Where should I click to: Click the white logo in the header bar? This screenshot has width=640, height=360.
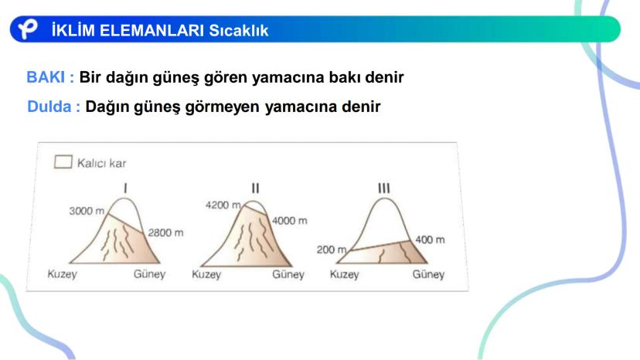click(x=28, y=29)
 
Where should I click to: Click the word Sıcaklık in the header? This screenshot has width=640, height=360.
click(x=239, y=30)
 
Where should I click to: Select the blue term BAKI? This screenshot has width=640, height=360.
click(x=46, y=77)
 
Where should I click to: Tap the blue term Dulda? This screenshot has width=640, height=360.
click(x=49, y=107)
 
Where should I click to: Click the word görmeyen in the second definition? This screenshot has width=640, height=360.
click(x=222, y=107)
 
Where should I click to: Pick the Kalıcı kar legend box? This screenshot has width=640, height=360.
click(x=63, y=161)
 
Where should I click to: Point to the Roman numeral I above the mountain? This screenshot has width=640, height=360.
click(x=125, y=188)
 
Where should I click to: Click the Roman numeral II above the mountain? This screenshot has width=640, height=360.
click(x=256, y=188)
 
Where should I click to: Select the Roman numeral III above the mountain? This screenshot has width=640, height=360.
click(x=384, y=188)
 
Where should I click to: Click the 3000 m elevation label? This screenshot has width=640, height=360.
click(x=87, y=211)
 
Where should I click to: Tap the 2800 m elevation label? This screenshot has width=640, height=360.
click(x=165, y=233)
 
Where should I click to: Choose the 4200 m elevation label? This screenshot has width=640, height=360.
click(x=223, y=205)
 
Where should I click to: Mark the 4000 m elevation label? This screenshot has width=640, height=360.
click(x=290, y=221)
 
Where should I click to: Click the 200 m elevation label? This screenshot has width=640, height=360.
click(x=332, y=250)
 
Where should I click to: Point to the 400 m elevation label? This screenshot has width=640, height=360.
click(x=430, y=239)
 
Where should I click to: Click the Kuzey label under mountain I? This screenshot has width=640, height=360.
click(x=62, y=274)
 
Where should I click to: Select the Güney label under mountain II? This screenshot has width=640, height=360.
click(x=288, y=274)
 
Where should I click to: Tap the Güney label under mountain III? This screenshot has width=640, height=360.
click(x=428, y=274)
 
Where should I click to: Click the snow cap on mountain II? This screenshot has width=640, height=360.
click(x=256, y=205)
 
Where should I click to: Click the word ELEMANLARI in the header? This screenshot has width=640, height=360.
click(x=151, y=30)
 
